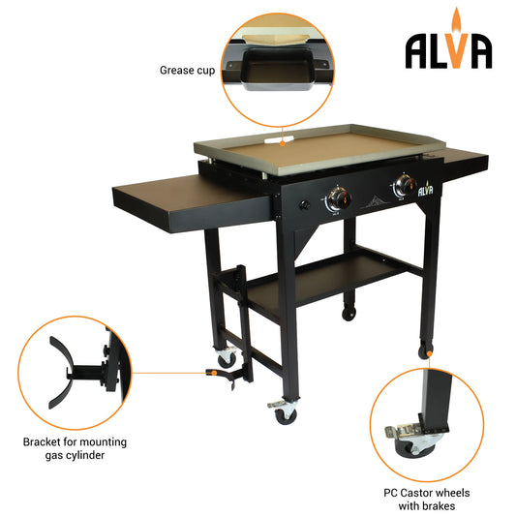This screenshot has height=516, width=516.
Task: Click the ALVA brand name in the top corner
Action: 448,50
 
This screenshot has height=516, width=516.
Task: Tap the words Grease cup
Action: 187,70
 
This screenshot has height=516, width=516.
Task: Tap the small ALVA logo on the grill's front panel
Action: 424,191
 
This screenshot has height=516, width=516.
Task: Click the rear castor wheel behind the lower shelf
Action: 348,312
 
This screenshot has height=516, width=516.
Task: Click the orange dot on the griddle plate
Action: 282,142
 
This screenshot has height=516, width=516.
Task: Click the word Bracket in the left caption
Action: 44,441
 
